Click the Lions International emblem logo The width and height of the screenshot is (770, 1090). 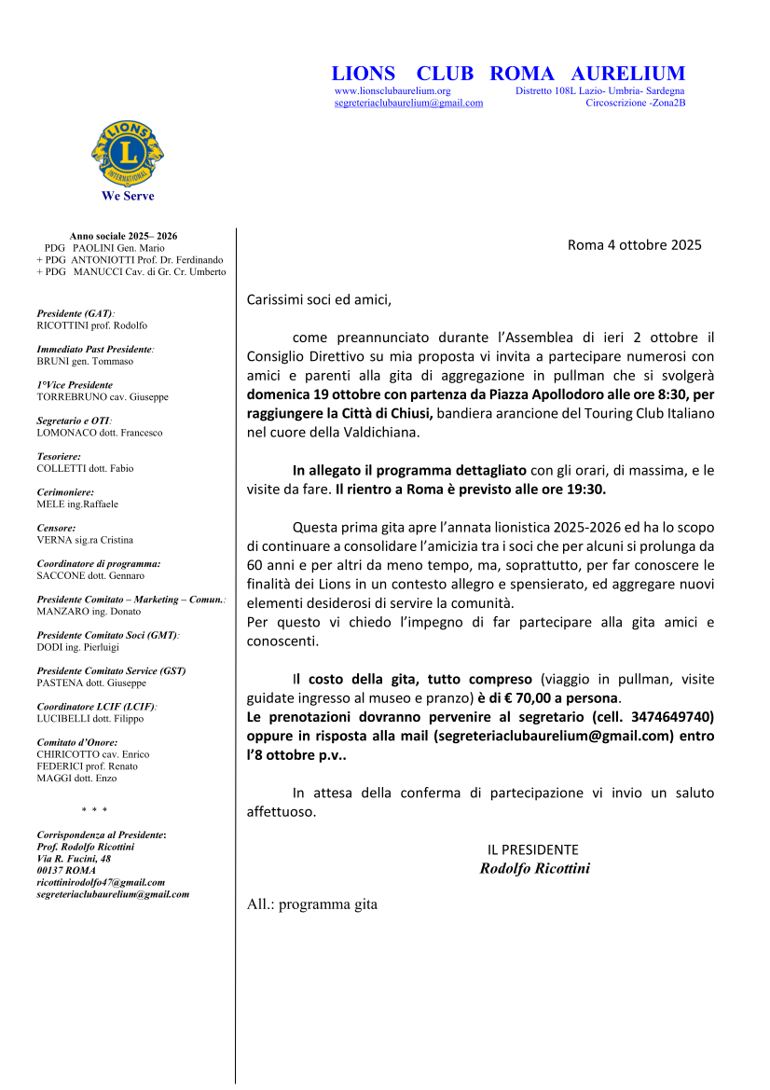tap(128, 153)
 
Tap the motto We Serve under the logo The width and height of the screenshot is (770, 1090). tap(128, 196)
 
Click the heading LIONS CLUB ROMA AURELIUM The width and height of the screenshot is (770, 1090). tap(508, 74)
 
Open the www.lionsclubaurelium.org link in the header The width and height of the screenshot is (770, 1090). tap(392, 91)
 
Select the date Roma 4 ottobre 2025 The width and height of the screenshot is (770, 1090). tap(634, 245)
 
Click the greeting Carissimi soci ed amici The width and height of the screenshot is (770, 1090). tap(319, 300)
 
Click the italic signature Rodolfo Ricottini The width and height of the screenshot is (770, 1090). tap(534, 868)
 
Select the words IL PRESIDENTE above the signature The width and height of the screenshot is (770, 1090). tap(532, 849)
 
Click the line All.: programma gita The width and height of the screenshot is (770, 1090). tap(311, 904)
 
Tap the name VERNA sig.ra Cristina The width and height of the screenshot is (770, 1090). tap(85, 540)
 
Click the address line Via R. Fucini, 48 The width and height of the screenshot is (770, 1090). tap(74, 858)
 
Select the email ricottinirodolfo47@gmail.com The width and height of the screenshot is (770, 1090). tap(101, 881)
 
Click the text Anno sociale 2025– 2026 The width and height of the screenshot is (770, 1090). tap(123, 237)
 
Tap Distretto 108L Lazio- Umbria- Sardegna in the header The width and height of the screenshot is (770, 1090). tap(599, 91)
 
